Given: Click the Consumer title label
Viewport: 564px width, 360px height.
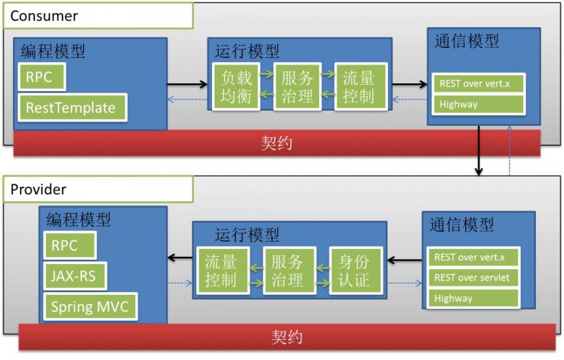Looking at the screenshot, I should (44, 16).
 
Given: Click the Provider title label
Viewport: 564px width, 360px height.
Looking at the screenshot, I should (38, 190).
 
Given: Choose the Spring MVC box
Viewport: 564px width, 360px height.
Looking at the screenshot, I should (90, 307).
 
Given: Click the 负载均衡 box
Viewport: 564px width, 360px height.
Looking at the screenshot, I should (236, 87).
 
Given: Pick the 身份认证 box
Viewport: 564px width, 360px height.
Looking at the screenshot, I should (356, 270).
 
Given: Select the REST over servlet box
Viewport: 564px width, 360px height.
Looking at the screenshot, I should (472, 278).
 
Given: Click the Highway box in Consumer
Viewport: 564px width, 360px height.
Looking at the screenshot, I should (478, 104).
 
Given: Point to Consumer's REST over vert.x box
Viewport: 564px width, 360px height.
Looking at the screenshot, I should (478, 84).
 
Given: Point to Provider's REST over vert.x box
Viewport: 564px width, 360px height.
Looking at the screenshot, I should (472, 257).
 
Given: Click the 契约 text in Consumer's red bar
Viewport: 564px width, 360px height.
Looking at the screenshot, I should (276, 143).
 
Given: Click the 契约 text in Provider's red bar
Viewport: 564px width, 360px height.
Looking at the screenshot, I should (287, 337).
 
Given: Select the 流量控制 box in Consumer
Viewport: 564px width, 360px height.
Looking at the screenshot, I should (358, 87).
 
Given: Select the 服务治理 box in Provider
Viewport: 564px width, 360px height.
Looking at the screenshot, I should (289, 270).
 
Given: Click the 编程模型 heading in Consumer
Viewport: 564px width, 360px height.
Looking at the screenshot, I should (53, 51).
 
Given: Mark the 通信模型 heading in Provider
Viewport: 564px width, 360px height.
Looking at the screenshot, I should (461, 225).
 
